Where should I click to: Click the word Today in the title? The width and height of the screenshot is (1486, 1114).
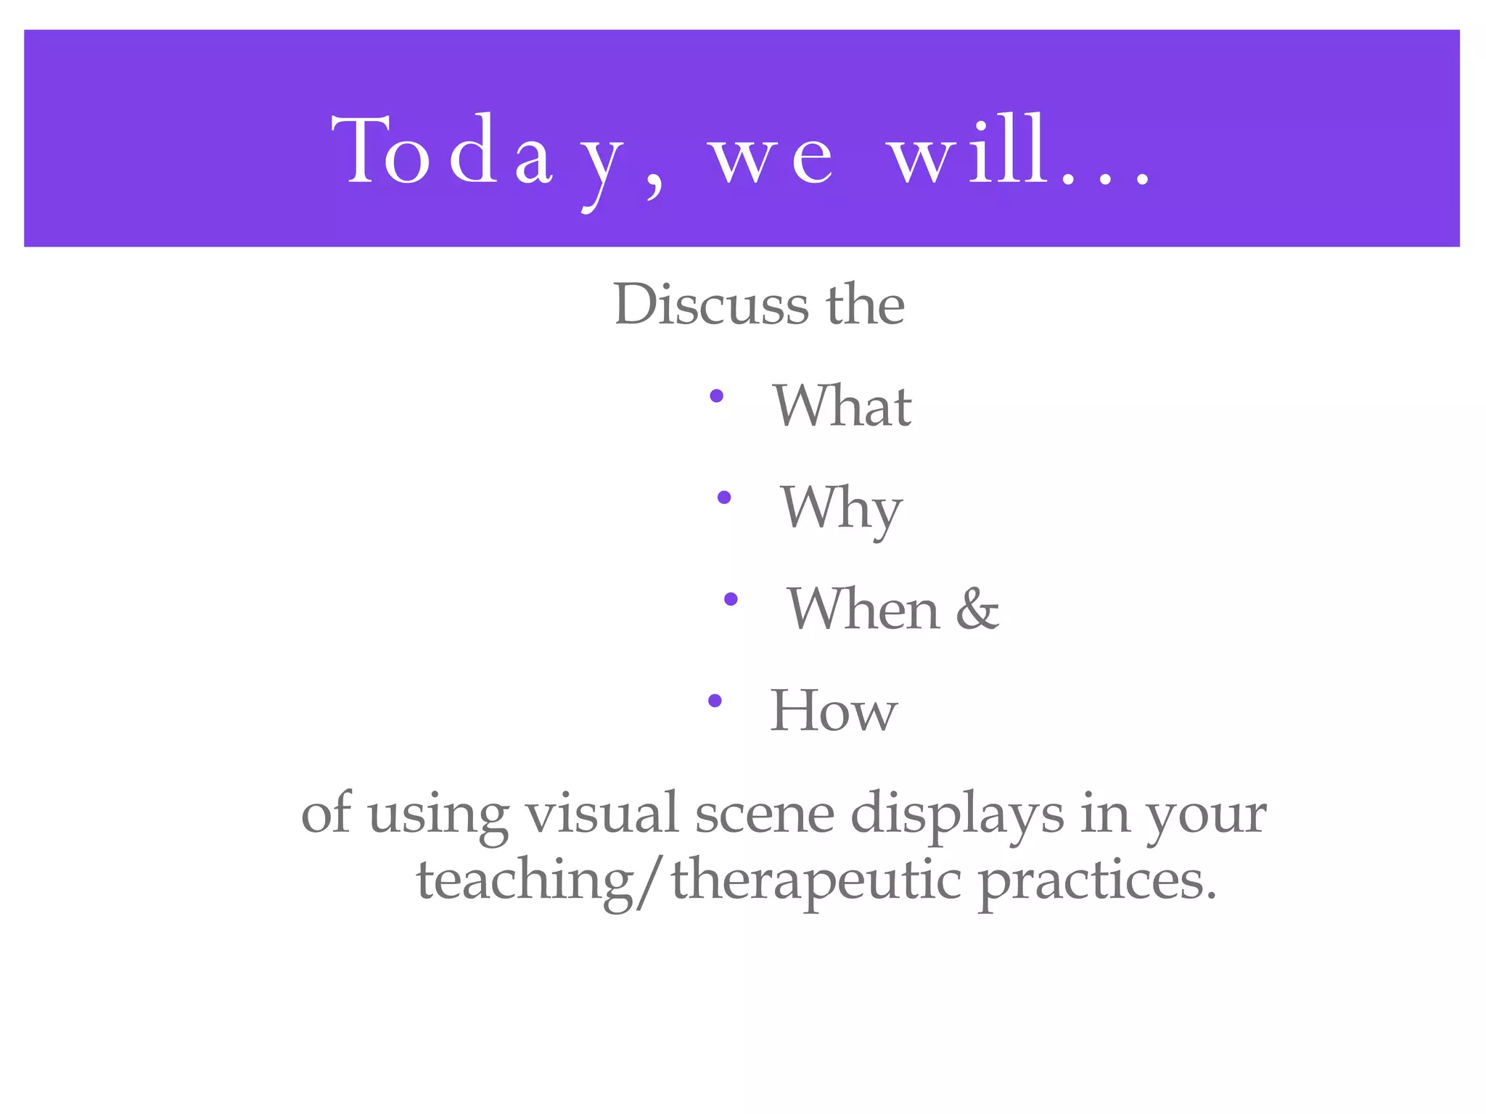click(479, 152)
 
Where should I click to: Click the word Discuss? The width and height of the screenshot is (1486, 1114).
click(710, 305)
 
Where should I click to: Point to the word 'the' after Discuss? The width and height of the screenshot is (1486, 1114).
click(865, 305)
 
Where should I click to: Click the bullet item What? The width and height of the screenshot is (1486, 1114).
click(842, 406)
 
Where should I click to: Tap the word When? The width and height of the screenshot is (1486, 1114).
click(863, 609)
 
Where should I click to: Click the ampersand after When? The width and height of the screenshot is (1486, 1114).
click(977, 609)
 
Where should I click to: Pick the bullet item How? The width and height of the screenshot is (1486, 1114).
click(833, 711)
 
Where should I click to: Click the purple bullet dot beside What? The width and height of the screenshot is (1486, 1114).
click(717, 396)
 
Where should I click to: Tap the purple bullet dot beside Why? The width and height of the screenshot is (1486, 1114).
click(723, 498)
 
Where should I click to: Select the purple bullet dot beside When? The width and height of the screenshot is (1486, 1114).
click(731, 599)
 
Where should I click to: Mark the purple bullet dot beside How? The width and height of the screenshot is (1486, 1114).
click(715, 701)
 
